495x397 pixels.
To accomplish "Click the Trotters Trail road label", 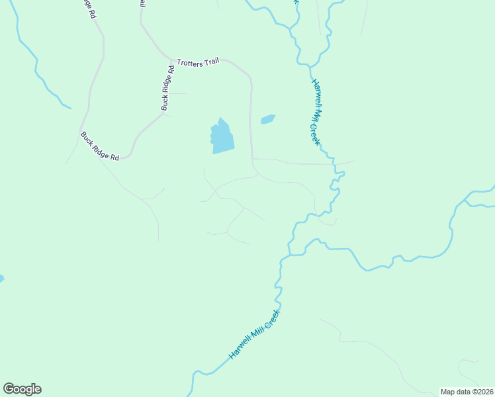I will pyautogui.click(x=198, y=62).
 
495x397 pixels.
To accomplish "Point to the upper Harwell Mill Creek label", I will pyautogui.click(x=316, y=112).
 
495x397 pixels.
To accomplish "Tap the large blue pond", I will pyautogui.click(x=222, y=137).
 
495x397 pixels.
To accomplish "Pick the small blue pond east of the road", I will pyautogui.click(x=268, y=119).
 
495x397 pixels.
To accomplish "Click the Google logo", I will pyautogui.click(x=22, y=389).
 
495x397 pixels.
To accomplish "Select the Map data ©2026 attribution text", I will pyautogui.click(x=467, y=392).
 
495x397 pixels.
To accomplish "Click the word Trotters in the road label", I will pyautogui.click(x=191, y=62).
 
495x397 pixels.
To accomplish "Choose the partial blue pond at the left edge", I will pyautogui.click(x=1, y=279).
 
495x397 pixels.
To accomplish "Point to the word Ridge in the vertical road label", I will pyautogui.click(x=167, y=85).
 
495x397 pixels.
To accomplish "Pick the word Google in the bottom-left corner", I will pyautogui.click(x=22, y=389).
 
